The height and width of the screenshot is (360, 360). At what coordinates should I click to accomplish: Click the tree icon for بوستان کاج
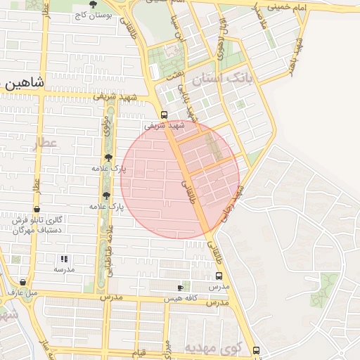(93, 6)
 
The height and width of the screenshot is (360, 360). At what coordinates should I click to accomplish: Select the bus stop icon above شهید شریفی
(164, 115)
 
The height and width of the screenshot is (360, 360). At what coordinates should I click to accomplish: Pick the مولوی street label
(103, 132)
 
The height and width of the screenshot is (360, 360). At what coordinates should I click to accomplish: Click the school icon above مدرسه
(65, 259)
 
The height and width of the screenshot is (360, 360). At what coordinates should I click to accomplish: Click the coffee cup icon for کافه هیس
(181, 288)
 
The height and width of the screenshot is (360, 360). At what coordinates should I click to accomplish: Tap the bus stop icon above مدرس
(219, 276)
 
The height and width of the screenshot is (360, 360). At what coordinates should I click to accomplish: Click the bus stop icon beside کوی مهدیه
(255, 349)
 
